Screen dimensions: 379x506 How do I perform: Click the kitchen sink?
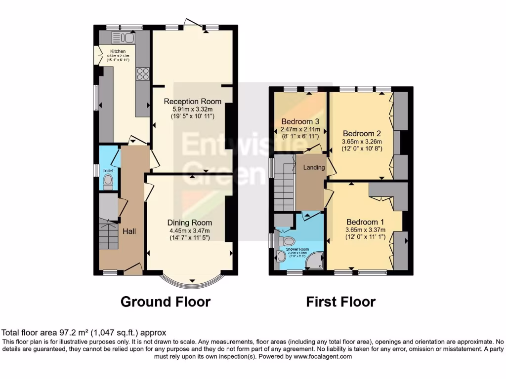pos(124,38)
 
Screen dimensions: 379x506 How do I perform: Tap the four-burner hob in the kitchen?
pos(142,74)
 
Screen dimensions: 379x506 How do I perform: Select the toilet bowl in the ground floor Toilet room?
pos(108,182)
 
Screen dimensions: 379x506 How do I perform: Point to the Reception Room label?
pos(193,101)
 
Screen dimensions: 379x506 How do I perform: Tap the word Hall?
pos(129,231)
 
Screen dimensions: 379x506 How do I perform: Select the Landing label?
pos(314,167)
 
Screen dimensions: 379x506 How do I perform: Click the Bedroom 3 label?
pos(300,122)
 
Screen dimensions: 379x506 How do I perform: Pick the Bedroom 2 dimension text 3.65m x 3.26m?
pos(362,141)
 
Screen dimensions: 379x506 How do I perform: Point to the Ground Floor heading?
pos(166,302)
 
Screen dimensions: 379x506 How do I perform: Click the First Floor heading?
pos(341,302)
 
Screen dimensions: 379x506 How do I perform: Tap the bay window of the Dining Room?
pos(191,282)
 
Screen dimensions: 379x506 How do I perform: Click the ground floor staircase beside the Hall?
pos(109,236)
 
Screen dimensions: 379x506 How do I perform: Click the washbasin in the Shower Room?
pos(281,257)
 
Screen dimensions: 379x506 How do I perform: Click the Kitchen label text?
pos(118,51)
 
